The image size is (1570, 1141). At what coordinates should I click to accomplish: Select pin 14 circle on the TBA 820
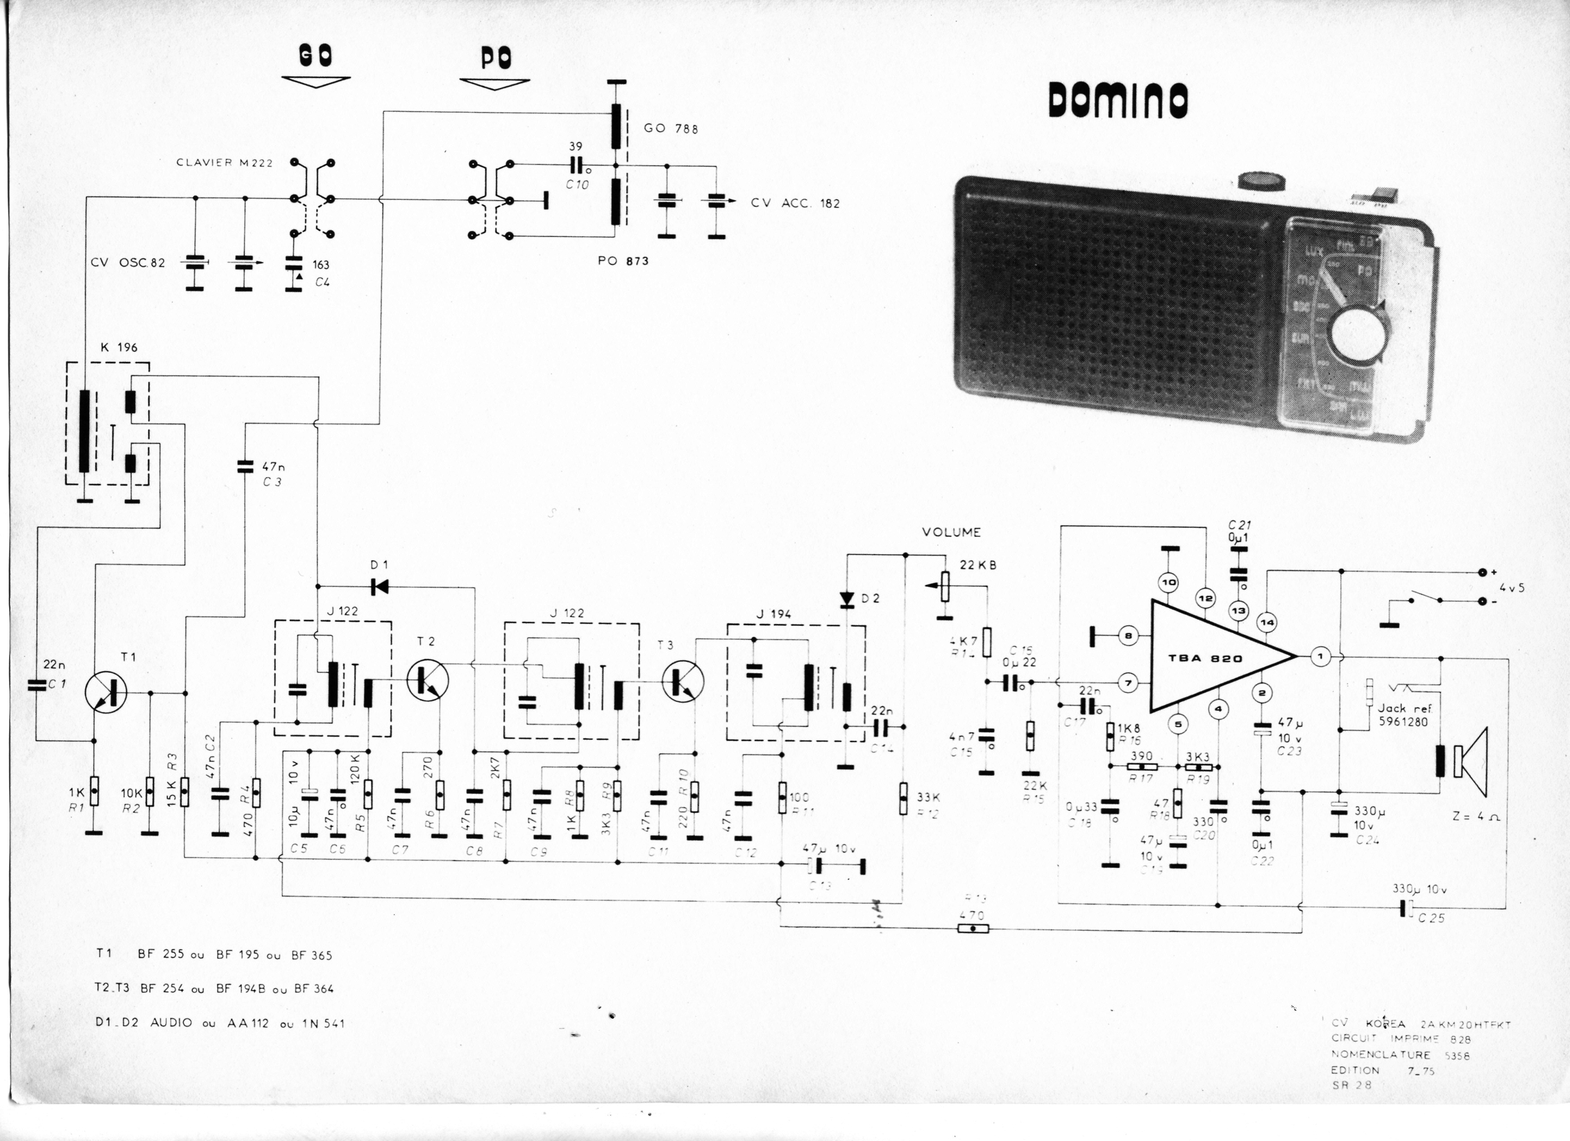1267,622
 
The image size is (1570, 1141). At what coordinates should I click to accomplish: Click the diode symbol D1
379,587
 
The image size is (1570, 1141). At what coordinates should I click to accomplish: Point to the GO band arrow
316,81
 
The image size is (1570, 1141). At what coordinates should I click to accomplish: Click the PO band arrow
494,83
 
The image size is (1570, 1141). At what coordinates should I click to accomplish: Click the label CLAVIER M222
224,163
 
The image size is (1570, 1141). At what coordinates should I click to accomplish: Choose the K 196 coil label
119,348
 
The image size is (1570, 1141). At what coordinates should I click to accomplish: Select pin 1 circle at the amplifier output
1320,656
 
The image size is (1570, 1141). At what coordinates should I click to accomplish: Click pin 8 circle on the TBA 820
1129,635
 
